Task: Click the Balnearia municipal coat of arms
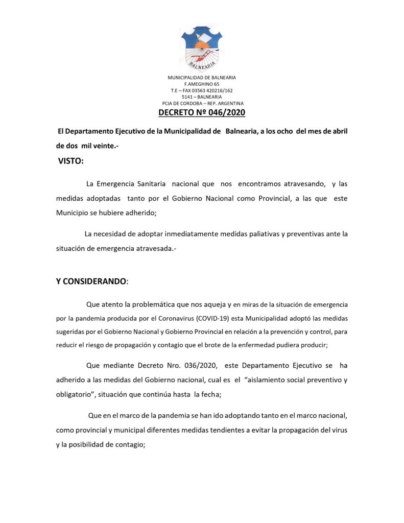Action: pos(201,49)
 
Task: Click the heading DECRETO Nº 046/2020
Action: pos(202,112)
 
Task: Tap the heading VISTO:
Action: pos(70,162)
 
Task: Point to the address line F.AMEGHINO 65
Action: pos(202,84)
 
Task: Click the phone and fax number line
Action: pos(202,90)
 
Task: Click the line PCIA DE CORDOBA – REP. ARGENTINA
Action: pos(202,103)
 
